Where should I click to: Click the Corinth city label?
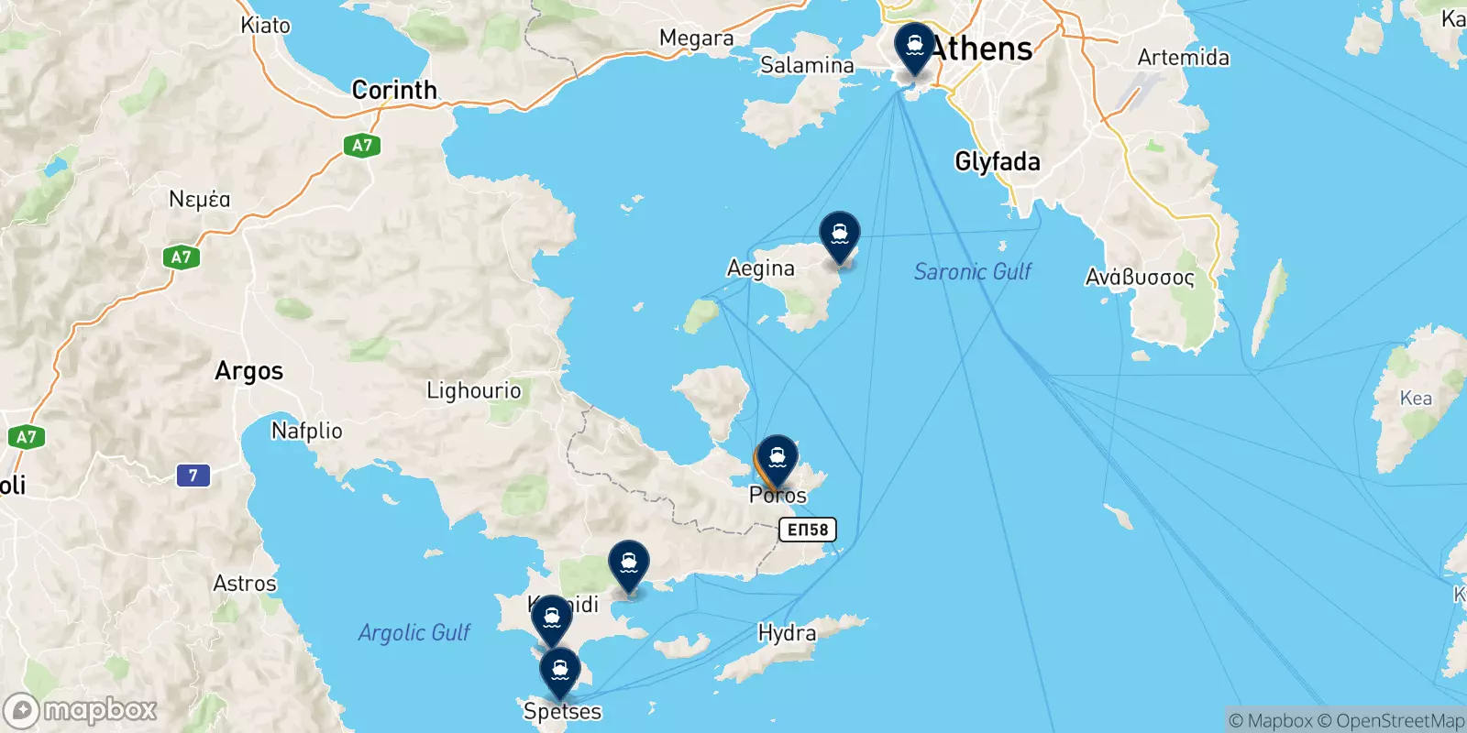pos(394,90)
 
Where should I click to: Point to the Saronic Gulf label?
pos(972,271)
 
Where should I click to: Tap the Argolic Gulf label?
pos(414,632)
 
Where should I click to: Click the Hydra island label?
pos(787,633)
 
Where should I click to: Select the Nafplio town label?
pos(306,431)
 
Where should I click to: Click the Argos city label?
pos(248,371)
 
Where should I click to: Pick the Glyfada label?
pos(998,162)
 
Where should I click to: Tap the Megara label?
pos(696,38)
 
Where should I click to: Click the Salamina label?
pos(807,65)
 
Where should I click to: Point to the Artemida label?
pos(1183,58)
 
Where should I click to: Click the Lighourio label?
pos(473,391)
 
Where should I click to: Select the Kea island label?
pos(1415,399)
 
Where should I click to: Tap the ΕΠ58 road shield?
pos(808,530)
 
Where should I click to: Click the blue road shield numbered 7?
pos(193,476)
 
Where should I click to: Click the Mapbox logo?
pos(80,710)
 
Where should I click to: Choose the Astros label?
pos(244,584)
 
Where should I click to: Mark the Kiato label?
pos(265,25)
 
